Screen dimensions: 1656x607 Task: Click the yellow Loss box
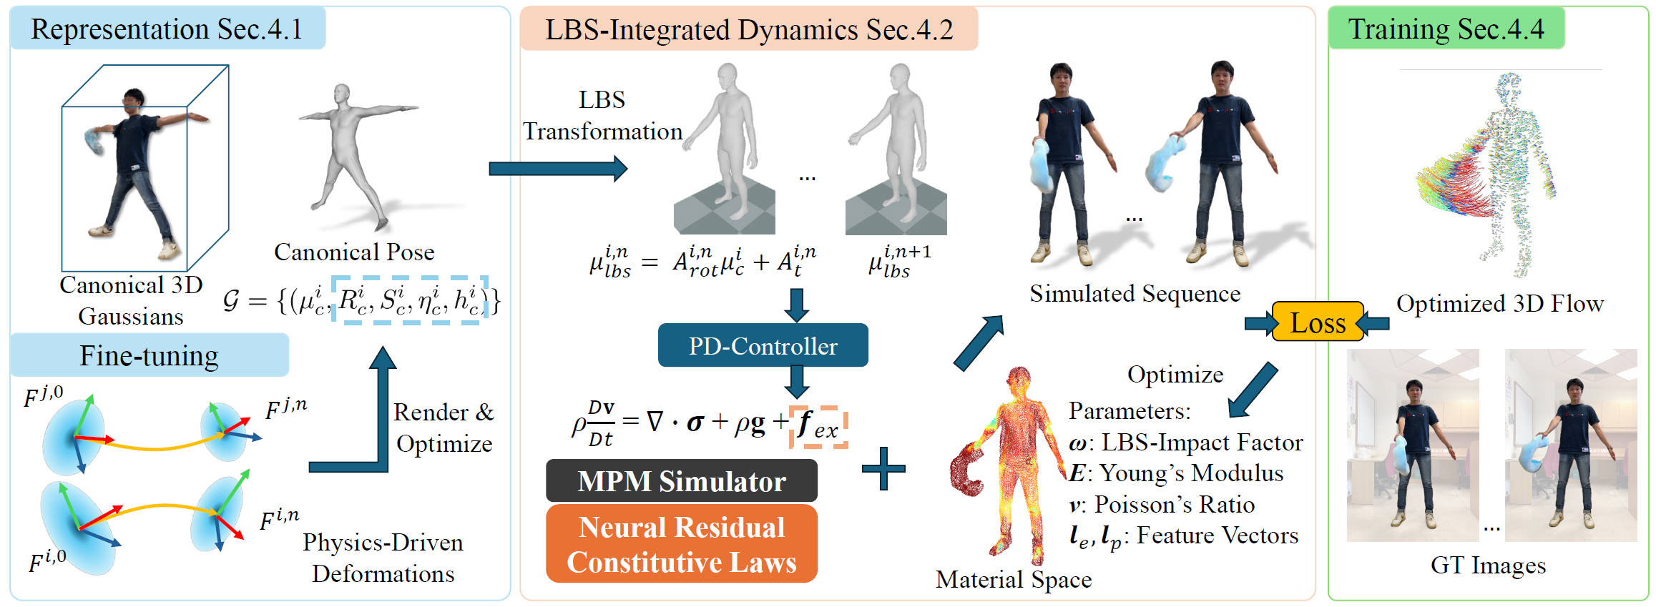point(1318,322)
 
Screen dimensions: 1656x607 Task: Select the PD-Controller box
point(763,345)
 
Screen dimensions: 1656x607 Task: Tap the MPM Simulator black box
point(681,481)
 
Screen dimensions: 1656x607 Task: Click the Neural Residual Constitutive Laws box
point(681,544)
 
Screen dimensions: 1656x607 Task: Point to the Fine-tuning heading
point(149,355)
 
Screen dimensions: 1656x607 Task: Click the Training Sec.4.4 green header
point(1446,29)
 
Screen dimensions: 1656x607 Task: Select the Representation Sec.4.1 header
point(167,29)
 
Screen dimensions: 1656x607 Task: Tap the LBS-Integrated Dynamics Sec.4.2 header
point(748,29)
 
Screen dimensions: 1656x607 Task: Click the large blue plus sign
point(883,469)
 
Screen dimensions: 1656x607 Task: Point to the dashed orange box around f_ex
point(818,427)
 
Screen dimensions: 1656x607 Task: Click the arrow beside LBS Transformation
point(558,169)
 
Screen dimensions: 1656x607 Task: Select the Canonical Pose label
point(354,252)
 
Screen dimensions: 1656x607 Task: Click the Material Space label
point(1014,579)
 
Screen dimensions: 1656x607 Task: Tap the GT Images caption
point(1488,565)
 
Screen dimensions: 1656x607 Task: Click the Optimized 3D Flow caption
point(1500,304)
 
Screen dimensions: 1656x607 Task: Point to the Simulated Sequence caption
point(1135,293)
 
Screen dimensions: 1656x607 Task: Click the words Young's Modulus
point(1191,473)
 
